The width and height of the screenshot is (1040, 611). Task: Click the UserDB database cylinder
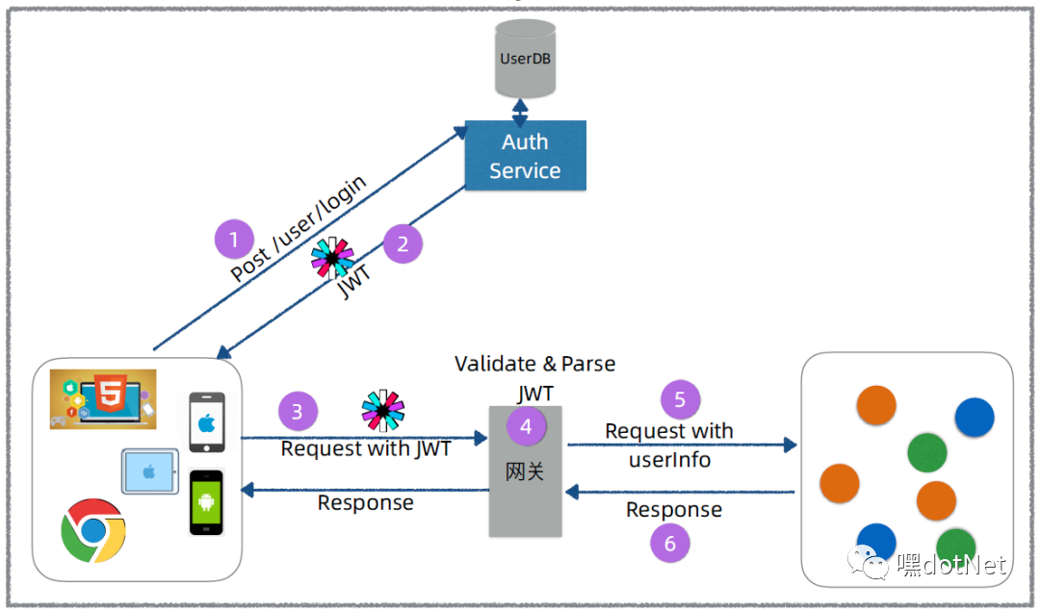(525, 59)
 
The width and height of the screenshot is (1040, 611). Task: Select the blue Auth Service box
(526, 156)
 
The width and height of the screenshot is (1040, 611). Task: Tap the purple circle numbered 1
(234, 240)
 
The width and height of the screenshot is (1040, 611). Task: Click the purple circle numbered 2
(403, 243)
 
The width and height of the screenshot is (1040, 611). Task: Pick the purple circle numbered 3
(298, 412)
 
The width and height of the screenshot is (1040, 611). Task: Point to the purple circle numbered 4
(526, 426)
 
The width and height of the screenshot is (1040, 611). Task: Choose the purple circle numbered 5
(681, 399)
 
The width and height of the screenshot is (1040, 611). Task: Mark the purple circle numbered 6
(670, 544)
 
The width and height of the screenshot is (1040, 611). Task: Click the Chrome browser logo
(93, 531)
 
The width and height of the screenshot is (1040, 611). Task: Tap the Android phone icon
(206, 501)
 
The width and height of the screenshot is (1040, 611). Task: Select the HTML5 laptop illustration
(103, 399)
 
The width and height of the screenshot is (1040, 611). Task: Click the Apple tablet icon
(150, 471)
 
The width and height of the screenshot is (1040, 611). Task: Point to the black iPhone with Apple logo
(207, 422)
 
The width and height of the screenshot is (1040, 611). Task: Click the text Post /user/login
(298, 228)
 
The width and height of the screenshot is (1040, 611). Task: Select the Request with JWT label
(366, 448)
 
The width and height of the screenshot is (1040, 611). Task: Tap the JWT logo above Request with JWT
(382, 410)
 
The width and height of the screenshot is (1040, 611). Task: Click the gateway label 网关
(525, 471)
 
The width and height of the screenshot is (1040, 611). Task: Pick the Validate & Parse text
(535, 364)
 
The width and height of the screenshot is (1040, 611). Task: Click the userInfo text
(670, 460)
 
